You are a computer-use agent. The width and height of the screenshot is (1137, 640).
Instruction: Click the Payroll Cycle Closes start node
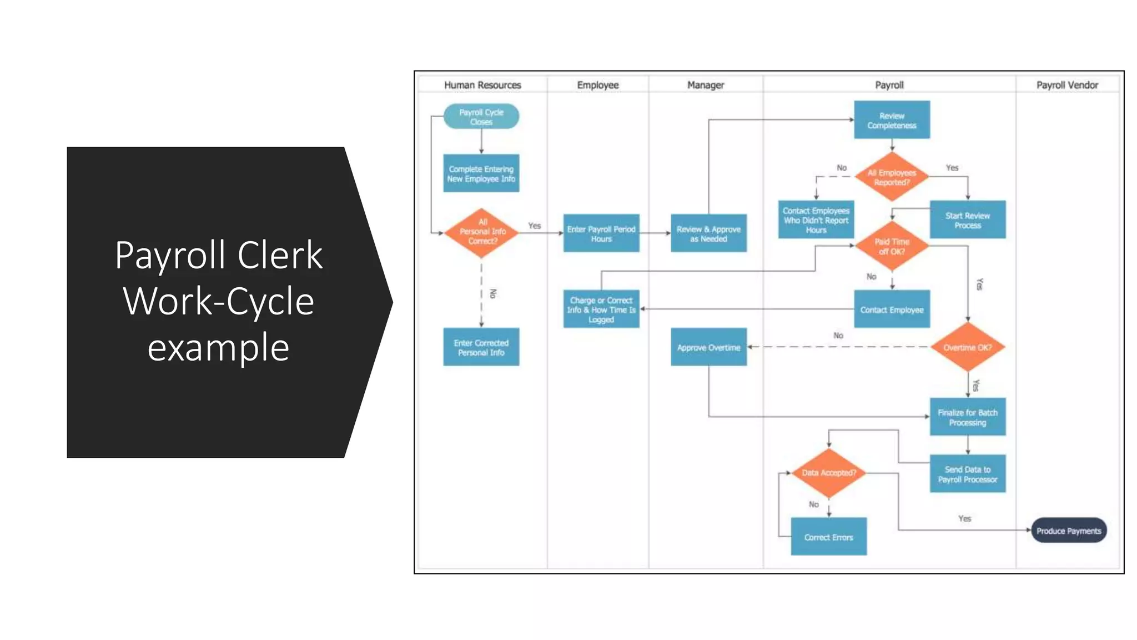click(481, 117)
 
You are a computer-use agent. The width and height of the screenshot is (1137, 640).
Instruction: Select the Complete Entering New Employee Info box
click(481, 173)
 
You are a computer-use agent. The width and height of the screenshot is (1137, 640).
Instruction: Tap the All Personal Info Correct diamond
click(481, 232)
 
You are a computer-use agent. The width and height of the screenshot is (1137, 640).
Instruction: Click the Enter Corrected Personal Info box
click(481, 347)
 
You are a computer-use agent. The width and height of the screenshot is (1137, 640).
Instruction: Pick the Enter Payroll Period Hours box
click(601, 233)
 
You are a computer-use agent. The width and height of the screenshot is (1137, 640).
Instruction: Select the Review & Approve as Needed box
click(708, 233)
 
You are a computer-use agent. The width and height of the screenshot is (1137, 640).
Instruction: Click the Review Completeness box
click(892, 120)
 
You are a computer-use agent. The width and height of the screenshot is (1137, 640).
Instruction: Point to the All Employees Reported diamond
click(892, 177)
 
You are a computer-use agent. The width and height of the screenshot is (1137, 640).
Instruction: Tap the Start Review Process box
click(967, 220)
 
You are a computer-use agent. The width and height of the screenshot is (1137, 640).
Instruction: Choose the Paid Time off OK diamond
click(892, 246)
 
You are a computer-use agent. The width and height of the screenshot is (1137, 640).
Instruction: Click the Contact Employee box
click(892, 309)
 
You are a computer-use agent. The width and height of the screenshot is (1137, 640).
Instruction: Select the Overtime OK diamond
click(967, 347)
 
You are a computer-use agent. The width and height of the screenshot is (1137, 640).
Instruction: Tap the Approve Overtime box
click(708, 347)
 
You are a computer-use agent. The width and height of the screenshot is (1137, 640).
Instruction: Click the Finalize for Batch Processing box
click(967, 417)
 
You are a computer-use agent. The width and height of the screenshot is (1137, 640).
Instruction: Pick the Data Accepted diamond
click(828, 473)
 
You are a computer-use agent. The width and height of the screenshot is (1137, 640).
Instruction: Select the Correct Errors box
click(828, 537)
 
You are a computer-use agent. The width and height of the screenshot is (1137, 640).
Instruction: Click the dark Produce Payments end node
click(1068, 531)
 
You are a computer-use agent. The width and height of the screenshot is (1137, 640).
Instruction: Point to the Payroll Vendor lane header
click(1067, 85)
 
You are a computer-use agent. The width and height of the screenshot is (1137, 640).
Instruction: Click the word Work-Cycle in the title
click(218, 301)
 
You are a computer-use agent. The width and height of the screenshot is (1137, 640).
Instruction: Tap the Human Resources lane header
click(482, 85)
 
